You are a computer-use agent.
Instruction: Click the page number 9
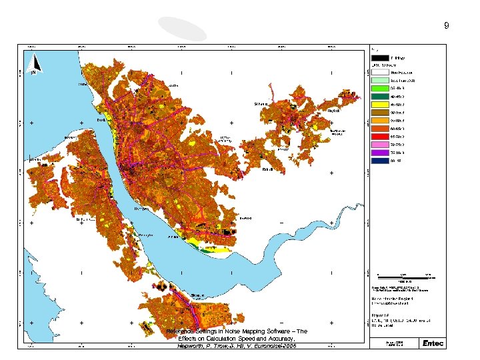[447, 26]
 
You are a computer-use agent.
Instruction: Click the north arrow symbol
[37, 64]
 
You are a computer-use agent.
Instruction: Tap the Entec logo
[431, 343]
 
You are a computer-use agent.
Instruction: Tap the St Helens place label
[261, 104]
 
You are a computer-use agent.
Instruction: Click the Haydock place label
[333, 111]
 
